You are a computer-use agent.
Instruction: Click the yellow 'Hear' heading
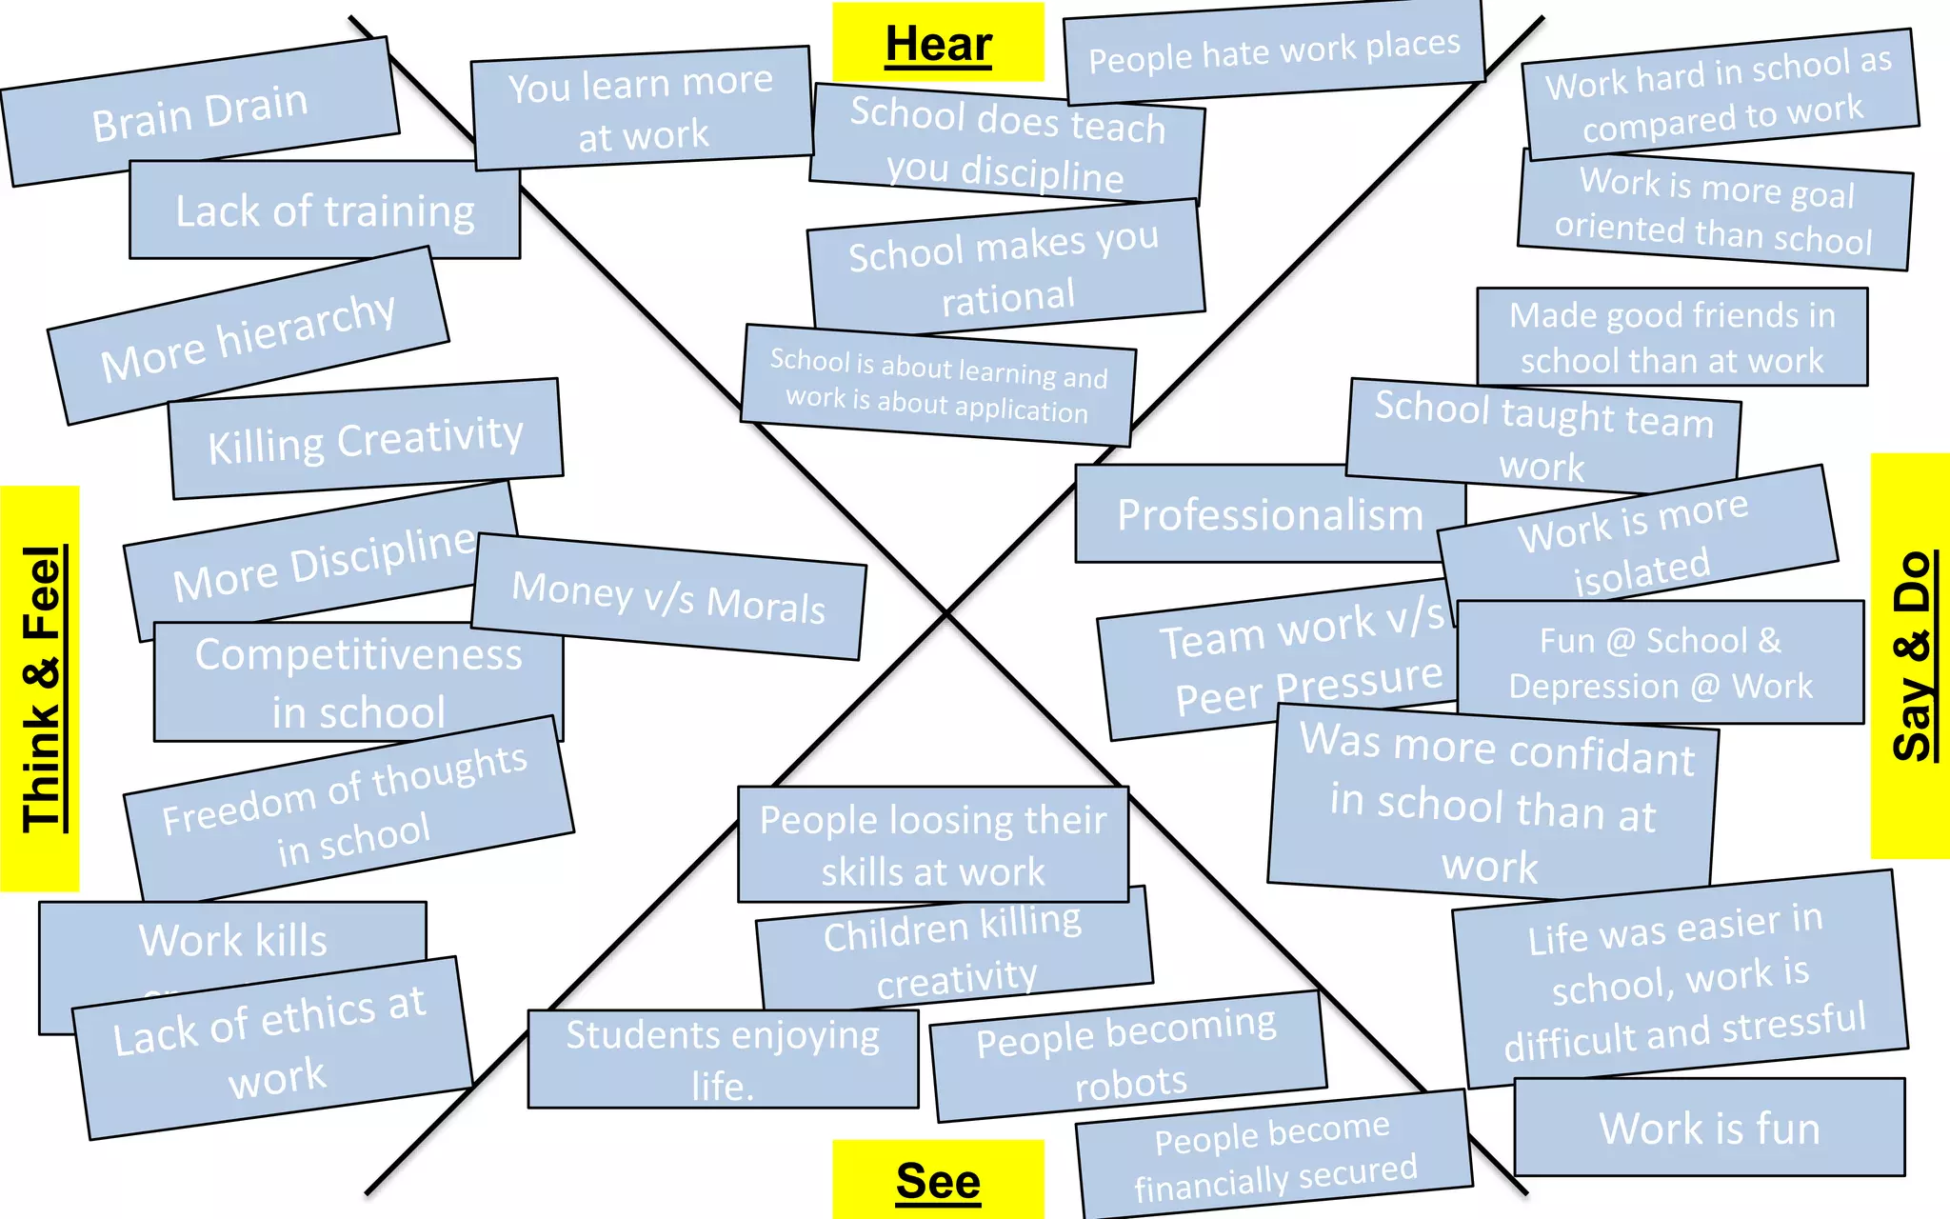(938, 43)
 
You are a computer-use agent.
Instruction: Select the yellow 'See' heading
(938, 1181)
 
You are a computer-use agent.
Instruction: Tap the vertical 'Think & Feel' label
(41, 689)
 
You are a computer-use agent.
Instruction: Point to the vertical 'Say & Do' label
(1910, 656)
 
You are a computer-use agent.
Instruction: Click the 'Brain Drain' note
(200, 111)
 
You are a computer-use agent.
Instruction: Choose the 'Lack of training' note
(325, 210)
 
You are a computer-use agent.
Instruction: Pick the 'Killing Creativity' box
(366, 439)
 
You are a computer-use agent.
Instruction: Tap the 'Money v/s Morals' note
(668, 597)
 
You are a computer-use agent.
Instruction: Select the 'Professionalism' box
(1269, 514)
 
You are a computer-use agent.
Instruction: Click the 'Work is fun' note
(1709, 1128)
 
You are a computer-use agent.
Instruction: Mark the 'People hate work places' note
(1273, 52)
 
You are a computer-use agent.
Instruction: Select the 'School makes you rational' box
(1005, 270)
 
